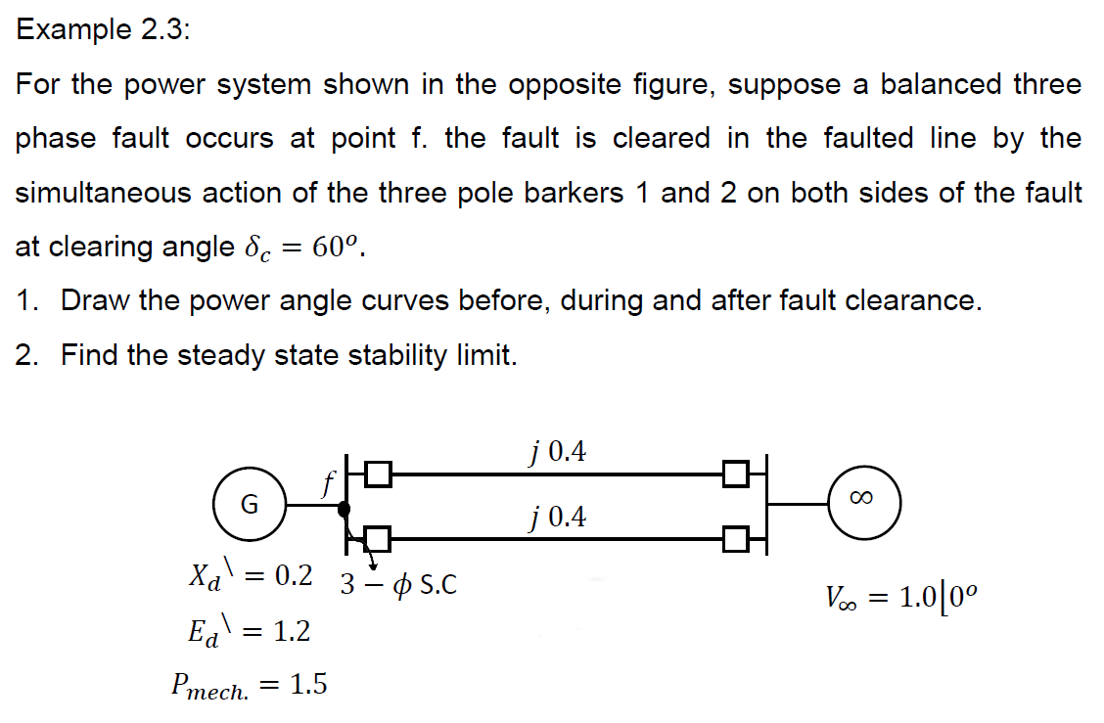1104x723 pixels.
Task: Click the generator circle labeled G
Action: coord(250,505)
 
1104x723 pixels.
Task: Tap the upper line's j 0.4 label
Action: coord(556,452)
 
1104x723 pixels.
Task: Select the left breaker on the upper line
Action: coord(379,474)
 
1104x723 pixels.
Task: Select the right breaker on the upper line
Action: coord(736,474)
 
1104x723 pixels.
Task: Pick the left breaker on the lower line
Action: coord(379,537)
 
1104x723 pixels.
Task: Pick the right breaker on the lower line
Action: coord(736,537)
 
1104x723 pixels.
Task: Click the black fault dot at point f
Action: coord(344,509)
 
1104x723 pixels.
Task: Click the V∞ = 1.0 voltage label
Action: coord(900,596)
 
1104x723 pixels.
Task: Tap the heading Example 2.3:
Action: coord(104,29)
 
